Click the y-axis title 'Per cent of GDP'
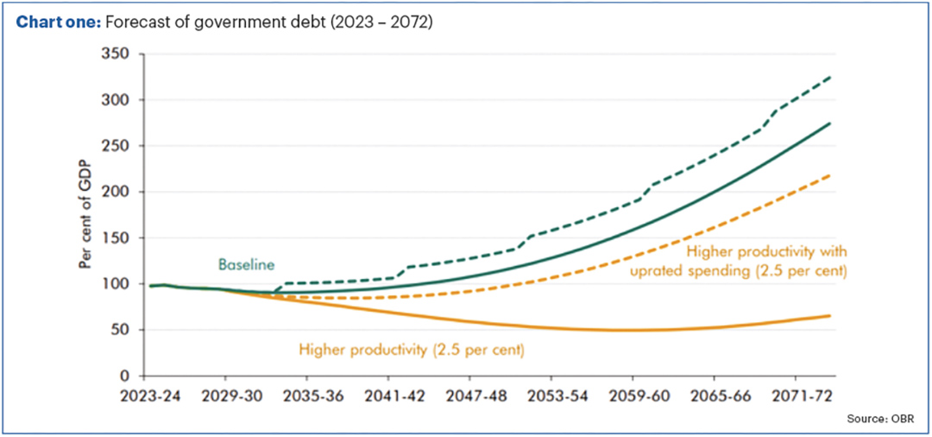(x=85, y=215)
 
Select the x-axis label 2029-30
(x=225, y=398)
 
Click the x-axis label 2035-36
(x=306, y=398)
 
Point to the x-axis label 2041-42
(x=388, y=398)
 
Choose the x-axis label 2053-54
(x=551, y=398)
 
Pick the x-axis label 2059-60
(x=633, y=398)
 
